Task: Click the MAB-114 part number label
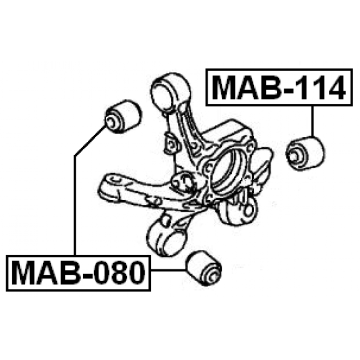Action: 278,87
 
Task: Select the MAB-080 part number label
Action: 78,273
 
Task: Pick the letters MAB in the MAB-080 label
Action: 45,273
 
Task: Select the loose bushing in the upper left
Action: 122,116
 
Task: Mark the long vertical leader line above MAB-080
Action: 75,202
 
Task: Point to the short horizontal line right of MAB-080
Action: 167,270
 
